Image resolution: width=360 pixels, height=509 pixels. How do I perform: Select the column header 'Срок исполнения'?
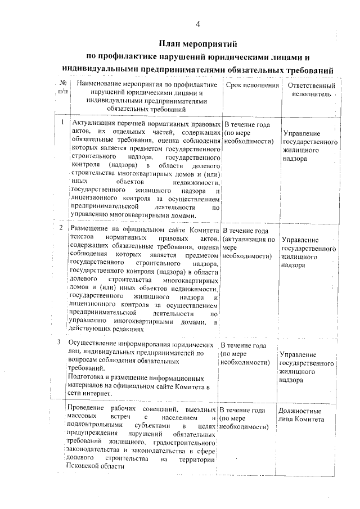pos(253,85)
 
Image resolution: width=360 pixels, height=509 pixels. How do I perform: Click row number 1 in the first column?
pos(61,121)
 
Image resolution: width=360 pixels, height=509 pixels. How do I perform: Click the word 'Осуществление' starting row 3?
pos(92,343)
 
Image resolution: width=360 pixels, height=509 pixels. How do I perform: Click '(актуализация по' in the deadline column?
pos(249,240)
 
